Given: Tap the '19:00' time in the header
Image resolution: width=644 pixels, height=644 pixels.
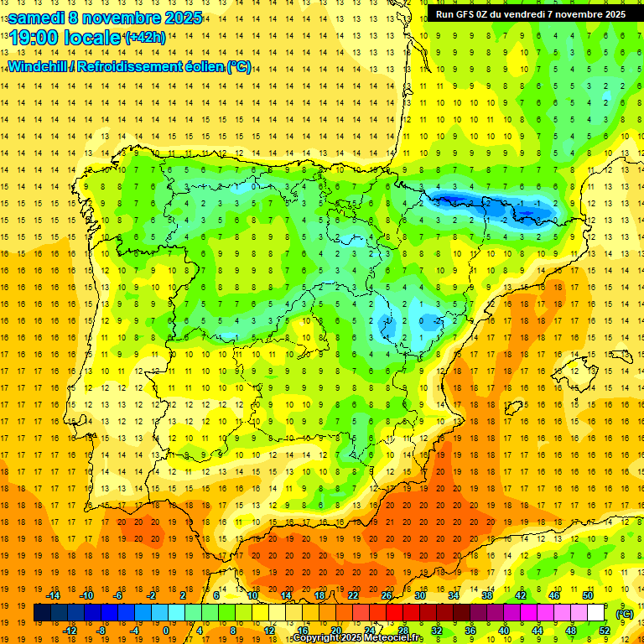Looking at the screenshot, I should point(34,38).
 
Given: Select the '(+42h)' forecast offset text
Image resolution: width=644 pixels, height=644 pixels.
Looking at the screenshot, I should point(144,38).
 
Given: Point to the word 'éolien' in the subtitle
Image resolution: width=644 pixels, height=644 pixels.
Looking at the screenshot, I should point(203,66).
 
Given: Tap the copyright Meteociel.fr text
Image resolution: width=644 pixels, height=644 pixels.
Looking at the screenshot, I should point(358,638).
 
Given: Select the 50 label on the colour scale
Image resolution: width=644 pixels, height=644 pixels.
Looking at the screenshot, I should point(588,595).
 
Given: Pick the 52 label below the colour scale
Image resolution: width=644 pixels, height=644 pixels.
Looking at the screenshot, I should point(605,630).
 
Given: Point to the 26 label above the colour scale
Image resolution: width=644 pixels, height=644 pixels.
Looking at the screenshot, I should point(387,595).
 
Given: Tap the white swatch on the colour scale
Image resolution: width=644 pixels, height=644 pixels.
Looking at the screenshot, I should point(596,613).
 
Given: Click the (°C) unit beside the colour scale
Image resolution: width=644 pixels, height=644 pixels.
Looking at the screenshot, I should point(624,613).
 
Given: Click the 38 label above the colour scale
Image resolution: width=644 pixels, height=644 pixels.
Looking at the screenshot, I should point(487,595).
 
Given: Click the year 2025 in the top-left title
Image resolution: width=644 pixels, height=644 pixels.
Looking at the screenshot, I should point(181,18).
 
